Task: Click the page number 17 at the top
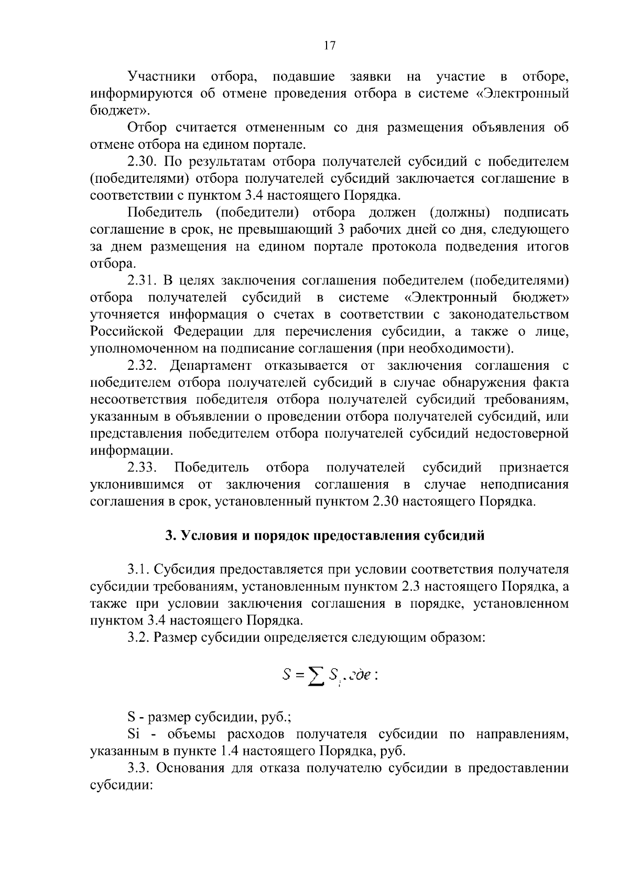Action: pos(329,46)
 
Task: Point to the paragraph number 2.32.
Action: pos(143,366)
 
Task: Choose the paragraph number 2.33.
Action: pos(143,467)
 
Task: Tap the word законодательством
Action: pos(509,315)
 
